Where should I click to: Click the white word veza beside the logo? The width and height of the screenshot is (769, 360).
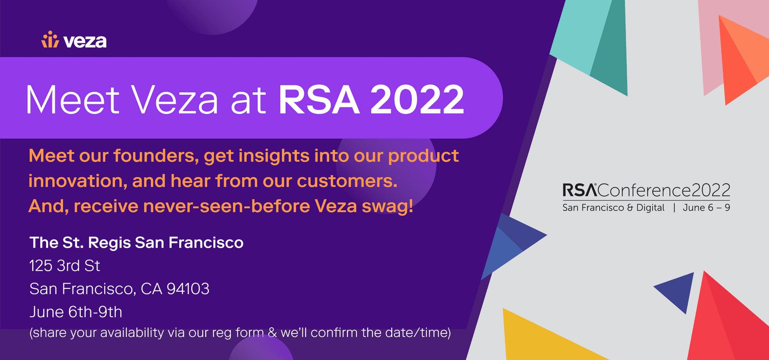point(85,41)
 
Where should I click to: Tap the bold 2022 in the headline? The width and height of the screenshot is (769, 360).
point(417,99)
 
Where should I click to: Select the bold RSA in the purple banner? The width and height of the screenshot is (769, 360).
point(319,99)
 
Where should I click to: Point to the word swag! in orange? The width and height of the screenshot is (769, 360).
point(387,207)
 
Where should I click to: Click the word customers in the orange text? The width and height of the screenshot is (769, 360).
point(347,181)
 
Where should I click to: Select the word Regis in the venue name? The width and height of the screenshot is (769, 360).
point(109,243)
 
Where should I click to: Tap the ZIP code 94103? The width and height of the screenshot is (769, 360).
point(188,288)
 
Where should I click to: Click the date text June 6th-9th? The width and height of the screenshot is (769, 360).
point(76,312)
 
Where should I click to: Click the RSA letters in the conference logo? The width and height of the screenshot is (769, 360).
point(580,190)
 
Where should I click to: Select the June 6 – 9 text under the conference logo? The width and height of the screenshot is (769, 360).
point(707,208)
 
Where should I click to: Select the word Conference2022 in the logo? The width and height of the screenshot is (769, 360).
point(664,190)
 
